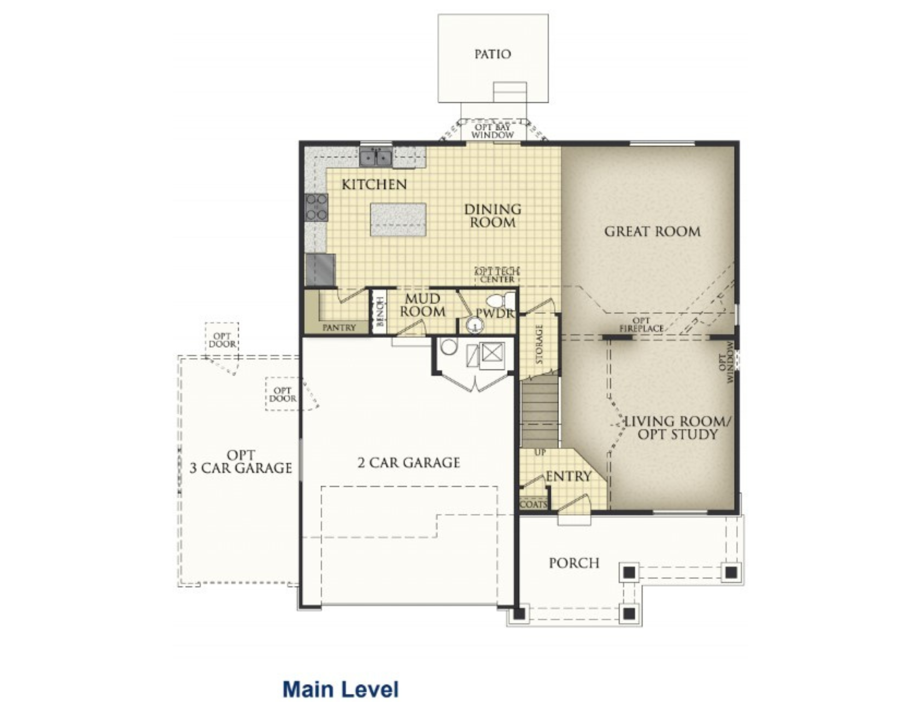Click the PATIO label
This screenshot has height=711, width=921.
(493, 54)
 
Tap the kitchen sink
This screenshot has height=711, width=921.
(376, 157)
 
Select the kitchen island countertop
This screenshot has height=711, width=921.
(398, 220)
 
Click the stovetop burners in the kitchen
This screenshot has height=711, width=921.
(316, 207)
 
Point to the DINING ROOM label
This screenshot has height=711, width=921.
(493, 216)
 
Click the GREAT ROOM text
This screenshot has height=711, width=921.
(653, 231)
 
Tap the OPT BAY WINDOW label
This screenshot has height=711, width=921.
(492, 131)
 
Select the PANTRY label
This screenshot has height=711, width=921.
(339, 328)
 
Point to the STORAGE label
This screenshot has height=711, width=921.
(540, 344)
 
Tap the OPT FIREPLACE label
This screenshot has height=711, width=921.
(641, 324)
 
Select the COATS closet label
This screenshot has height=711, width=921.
(534, 504)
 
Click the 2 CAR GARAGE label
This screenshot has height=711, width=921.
(409, 462)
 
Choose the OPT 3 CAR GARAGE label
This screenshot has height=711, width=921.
(241, 462)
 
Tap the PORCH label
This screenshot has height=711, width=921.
(574, 563)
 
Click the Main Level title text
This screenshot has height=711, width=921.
(341, 689)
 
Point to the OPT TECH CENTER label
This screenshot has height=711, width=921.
(497, 275)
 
